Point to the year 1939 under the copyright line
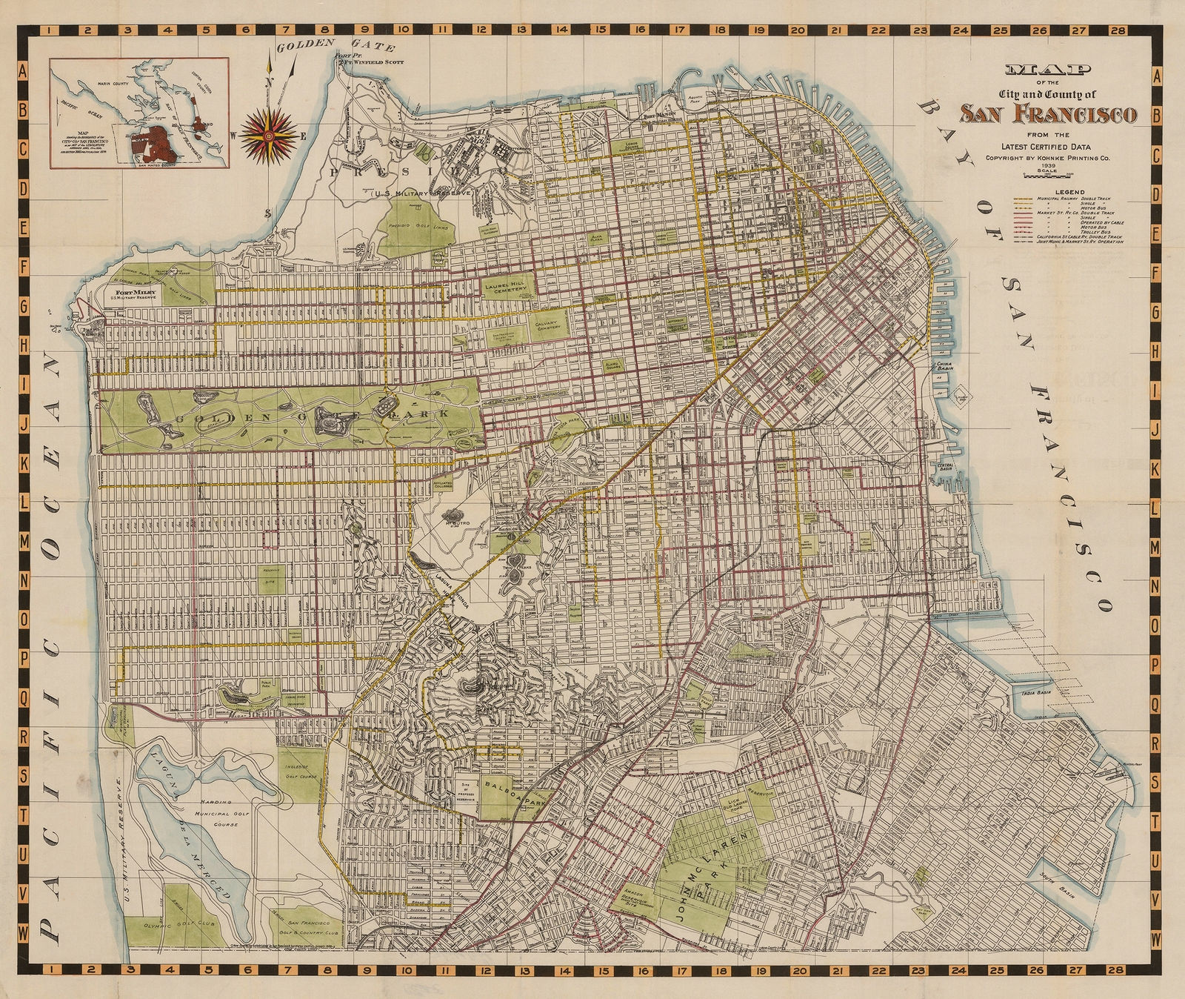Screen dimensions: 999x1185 [1047, 166]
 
